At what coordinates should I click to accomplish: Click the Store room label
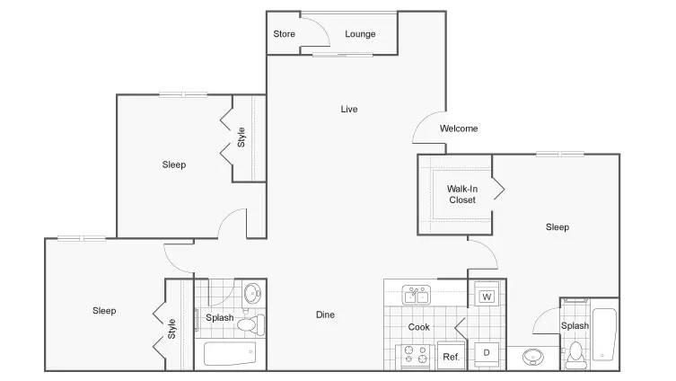tap(284, 33)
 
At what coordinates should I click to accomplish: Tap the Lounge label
tap(360, 34)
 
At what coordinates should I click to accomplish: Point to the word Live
tap(349, 109)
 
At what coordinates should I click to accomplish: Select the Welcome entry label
tap(459, 128)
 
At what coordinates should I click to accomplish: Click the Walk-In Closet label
tap(462, 194)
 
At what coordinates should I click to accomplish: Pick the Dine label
tap(325, 315)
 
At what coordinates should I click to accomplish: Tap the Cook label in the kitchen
tap(418, 327)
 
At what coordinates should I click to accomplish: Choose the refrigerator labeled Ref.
tap(451, 356)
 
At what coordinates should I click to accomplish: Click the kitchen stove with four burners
tap(415, 356)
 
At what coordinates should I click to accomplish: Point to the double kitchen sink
tap(416, 295)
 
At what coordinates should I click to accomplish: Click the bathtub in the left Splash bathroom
tap(230, 354)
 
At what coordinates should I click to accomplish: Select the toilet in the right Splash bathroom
tap(575, 355)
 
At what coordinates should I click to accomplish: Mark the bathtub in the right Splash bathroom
tap(604, 334)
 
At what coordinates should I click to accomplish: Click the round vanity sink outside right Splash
tap(533, 357)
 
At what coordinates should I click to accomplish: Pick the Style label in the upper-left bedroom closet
tap(241, 137)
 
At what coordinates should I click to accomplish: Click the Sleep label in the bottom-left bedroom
tap(104, 311)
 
